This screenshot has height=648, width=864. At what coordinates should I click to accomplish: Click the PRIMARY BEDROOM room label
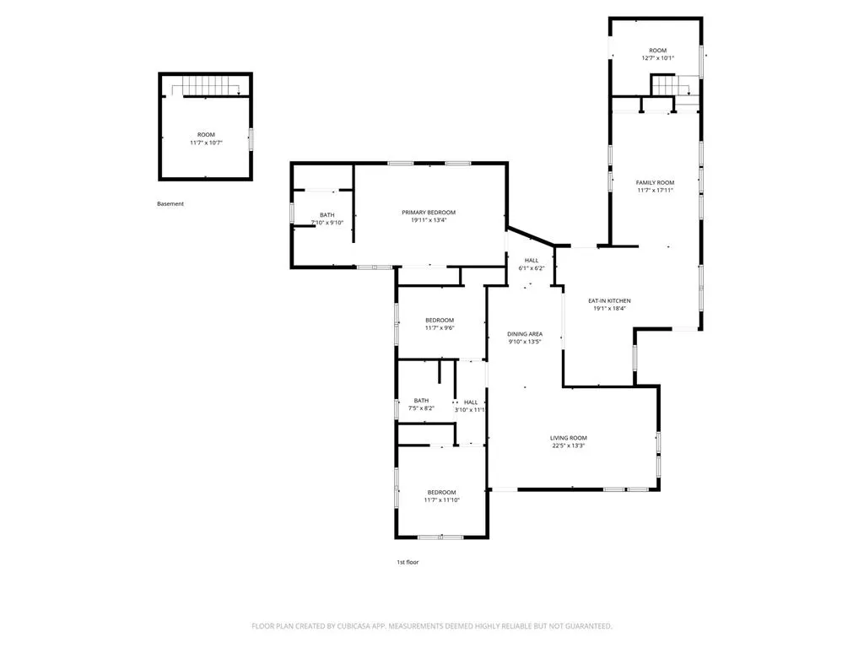coord(429,212)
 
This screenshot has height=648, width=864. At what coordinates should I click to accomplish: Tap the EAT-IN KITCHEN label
coord(609,301)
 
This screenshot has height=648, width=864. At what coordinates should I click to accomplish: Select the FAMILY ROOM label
coord(655,182)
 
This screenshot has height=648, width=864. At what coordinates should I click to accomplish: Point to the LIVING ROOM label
coord(569,438)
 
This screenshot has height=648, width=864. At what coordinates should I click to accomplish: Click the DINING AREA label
coord(525,334)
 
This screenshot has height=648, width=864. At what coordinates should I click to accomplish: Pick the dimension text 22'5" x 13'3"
coord(569,445)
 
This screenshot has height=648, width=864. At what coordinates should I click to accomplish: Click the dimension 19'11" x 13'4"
coord(429,220)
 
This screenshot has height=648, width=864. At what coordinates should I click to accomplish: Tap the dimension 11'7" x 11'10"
coord(442,500)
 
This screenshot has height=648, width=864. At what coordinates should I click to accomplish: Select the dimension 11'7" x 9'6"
coord(440,328)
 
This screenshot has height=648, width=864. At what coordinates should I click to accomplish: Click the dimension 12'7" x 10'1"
coord(658,58)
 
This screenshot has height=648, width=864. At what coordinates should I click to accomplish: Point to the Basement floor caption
coord(170,204)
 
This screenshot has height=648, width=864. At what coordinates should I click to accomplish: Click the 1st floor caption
coord(408,562)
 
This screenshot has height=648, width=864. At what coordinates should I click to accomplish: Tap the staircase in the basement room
coord(205,86)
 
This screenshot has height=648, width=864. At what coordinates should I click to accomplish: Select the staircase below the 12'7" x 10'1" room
coord(671,86)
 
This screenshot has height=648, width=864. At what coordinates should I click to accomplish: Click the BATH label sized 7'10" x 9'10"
coord(327,215)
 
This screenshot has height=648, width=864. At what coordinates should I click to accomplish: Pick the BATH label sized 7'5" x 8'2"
coord(422,401)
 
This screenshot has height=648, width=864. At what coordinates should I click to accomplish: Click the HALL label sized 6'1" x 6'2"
coord(532,261)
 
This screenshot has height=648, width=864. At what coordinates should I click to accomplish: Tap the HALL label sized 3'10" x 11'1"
coord(471,402)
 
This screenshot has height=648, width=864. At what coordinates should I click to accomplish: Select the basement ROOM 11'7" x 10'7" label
coord(206,138)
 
